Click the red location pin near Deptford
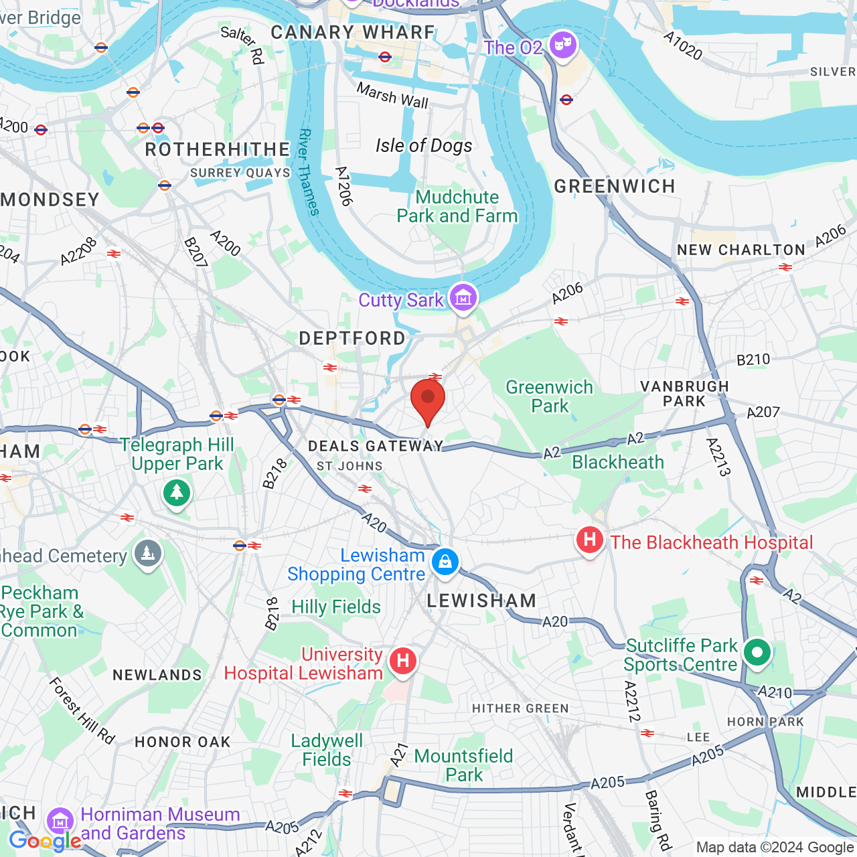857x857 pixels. pyautogui.click(x=428, y=400)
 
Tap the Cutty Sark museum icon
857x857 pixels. pyautogui.click(x=463, y=297)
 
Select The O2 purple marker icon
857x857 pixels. pyautogui.click(x=563, y=46)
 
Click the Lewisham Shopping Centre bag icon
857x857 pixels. pyautogui.click(x=445, y=562)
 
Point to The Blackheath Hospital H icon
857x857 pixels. pyautogui.click(x=590, y=540)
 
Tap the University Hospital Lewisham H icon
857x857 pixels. pyautogui.click(x=403, y=661)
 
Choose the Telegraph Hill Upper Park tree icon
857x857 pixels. pyautogui.click(x=177, y=493)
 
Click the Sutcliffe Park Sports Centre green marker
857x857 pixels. pyautogui.click(x=757, y=652)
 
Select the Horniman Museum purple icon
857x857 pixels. pyautogui.click(x=60, y=820)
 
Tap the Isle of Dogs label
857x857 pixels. pyautogui.click(x=424, y=145)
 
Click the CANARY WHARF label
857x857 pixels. pyautogui.click(x=353, y=32)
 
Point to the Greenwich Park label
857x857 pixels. pyautogui.click(x=550, y=396)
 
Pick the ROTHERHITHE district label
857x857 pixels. pyautogui.click(x=218, y=149)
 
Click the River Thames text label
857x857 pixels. pyautogui.click(x=309, y=171)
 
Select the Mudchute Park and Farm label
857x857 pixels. pyautogui.click(x=457, y=206)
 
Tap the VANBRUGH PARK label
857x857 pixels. pyautogui.click(x=684, y=394)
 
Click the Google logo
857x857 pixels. pyautogui.click(x=46, y=841)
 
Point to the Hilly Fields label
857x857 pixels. pyautogui.click(x=336, y=607)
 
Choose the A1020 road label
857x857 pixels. pyautogui.click(x=683, y=46)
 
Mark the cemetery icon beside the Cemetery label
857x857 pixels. pyautogui.click(x=148, y=554)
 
